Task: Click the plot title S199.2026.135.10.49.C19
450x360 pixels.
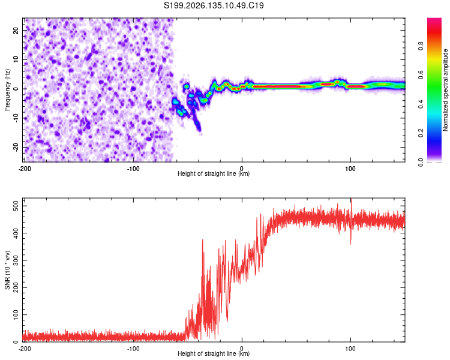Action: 214,5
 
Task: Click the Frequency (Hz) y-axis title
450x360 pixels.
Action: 7,90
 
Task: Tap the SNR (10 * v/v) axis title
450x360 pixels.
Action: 7,270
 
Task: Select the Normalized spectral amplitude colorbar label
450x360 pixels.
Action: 445,90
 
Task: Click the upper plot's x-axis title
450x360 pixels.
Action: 214,173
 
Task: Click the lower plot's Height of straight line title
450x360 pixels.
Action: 214,353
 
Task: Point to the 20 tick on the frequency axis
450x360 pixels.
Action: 16,30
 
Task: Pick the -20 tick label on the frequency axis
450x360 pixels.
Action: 16,148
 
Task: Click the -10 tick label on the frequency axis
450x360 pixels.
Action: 16,118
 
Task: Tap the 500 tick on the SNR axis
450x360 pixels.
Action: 16,206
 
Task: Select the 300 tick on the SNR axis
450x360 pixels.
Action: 16,260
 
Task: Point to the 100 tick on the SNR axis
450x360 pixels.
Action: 16,314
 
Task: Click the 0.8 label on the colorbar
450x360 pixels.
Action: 421,46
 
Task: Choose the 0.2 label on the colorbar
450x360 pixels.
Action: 421,133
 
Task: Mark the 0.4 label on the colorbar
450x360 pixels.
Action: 421,104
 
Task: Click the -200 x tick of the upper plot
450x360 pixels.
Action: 25,169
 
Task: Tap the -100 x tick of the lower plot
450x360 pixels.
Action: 133,349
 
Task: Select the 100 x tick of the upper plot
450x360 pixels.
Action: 350,169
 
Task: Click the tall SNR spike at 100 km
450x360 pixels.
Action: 351,221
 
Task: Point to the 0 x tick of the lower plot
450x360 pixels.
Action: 242,349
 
